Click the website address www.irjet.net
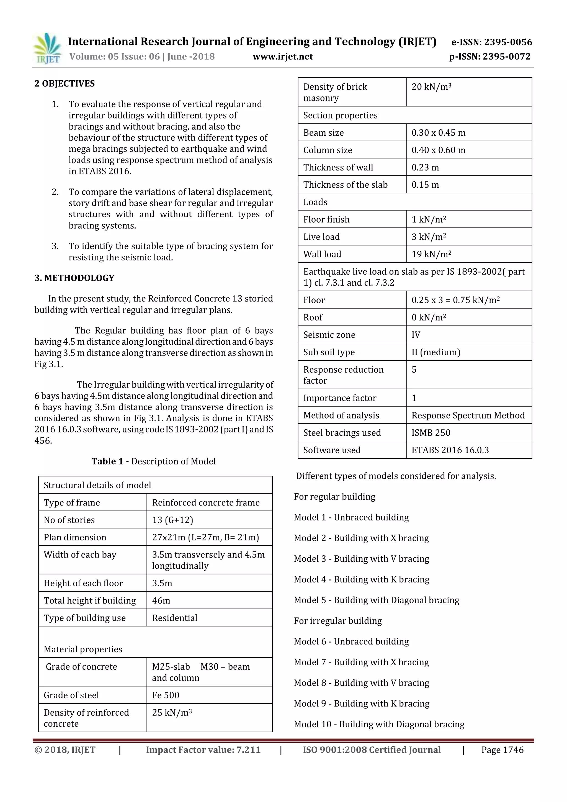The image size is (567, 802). click(283, 56)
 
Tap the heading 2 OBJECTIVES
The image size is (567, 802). click(65, 84)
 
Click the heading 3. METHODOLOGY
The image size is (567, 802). click(74, 278)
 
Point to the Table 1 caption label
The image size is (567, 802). click(153, 461)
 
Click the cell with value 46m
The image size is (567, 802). click(161, 600)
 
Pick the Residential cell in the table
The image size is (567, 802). click(175, 618)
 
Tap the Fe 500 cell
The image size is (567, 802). click(166, 695)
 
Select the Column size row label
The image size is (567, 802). click(328, 150)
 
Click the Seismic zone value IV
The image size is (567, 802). click(416, 335)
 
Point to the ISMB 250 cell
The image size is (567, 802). click(431, 433)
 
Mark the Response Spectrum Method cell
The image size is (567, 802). click(468, 415)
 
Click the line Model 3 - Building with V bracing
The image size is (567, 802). click(361, 559)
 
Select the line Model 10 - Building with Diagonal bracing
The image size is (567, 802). click(379, 724)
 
